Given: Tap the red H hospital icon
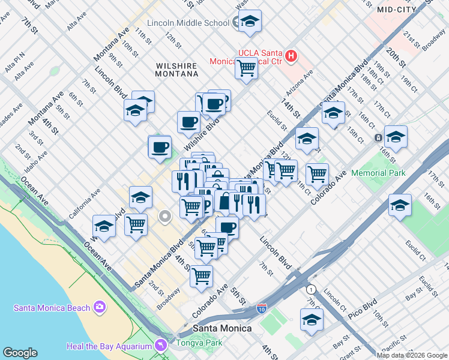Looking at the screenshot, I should (291, 56).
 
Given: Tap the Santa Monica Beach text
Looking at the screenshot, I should (52, 308).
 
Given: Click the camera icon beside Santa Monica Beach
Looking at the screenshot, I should (99, 308).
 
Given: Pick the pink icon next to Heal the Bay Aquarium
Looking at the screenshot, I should (160, 345).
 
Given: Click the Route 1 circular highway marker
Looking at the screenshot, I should (312, 289).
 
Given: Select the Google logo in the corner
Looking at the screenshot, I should (20, 353).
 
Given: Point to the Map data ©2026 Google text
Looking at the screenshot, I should (412, 355).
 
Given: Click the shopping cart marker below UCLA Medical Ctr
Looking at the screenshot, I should (246, 70).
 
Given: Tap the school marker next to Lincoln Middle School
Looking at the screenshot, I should (250, 22).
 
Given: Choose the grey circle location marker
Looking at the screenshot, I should (164, 215).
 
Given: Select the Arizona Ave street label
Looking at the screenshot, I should (301, 83).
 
